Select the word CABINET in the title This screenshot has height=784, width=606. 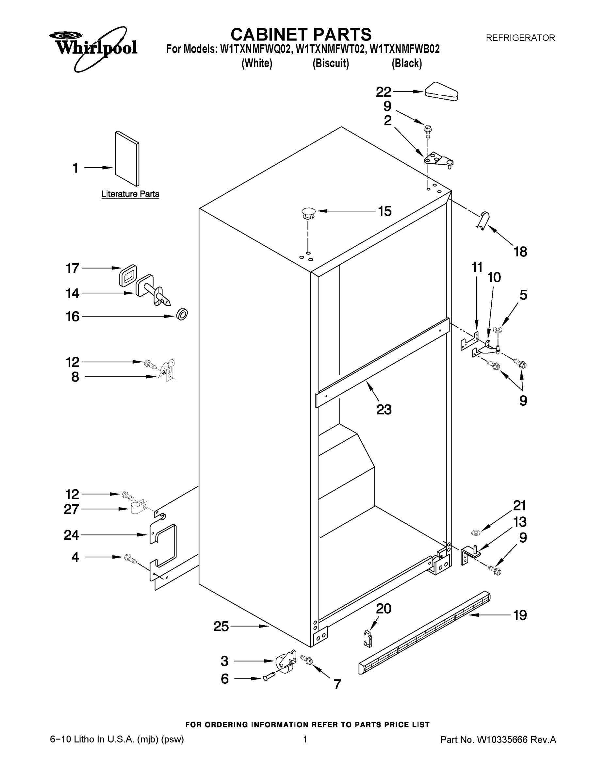pyautogui.click(x=269, y=35)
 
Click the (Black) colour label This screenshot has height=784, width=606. pyautogui.click(x=406, y=64)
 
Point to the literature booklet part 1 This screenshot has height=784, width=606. pyautogui.click(x=127, y=158)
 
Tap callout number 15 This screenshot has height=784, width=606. pyautogui.click(x=385, y=211)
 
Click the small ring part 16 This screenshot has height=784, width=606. pyautogui.click(x=182, y=315)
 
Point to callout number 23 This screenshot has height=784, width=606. pyautogui.click(x=384, y=409)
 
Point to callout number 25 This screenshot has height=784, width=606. pyautogui.click(x=221, y=627)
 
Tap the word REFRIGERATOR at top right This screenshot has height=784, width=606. pyautogui.click(x=520, y=38)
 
